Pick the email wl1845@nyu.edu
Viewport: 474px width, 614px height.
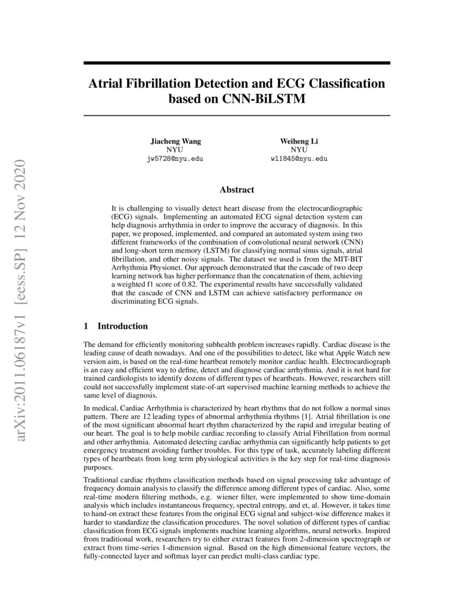[298, 159]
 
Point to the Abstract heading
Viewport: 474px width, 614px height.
[236, 190]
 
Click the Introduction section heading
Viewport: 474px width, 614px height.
[122, 326]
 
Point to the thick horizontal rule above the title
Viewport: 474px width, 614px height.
[236, 64]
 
